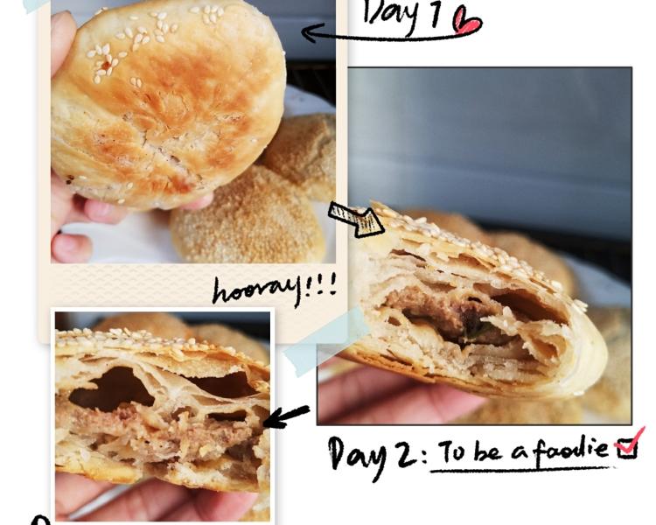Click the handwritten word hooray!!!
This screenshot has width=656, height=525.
coord(274,289)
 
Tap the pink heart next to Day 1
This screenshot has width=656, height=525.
coord(467,22)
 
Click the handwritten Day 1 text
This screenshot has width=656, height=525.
coord(402,13)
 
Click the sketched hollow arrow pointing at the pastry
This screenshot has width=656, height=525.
coord(356,220)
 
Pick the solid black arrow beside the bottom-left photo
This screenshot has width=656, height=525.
coord(287,416)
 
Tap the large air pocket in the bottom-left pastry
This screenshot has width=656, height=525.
coord(111,388)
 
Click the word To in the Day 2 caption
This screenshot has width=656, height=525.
coord(452,451)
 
